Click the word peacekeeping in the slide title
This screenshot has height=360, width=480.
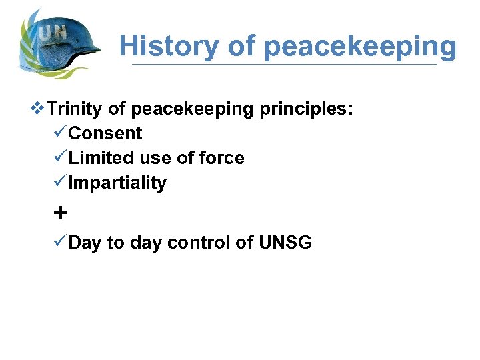coord(360,47)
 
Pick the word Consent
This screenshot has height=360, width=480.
coord(105,133)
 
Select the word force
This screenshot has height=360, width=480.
coord(223,158)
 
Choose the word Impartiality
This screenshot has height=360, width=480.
coord(117,183)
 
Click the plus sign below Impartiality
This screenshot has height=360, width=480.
coord(60,213)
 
